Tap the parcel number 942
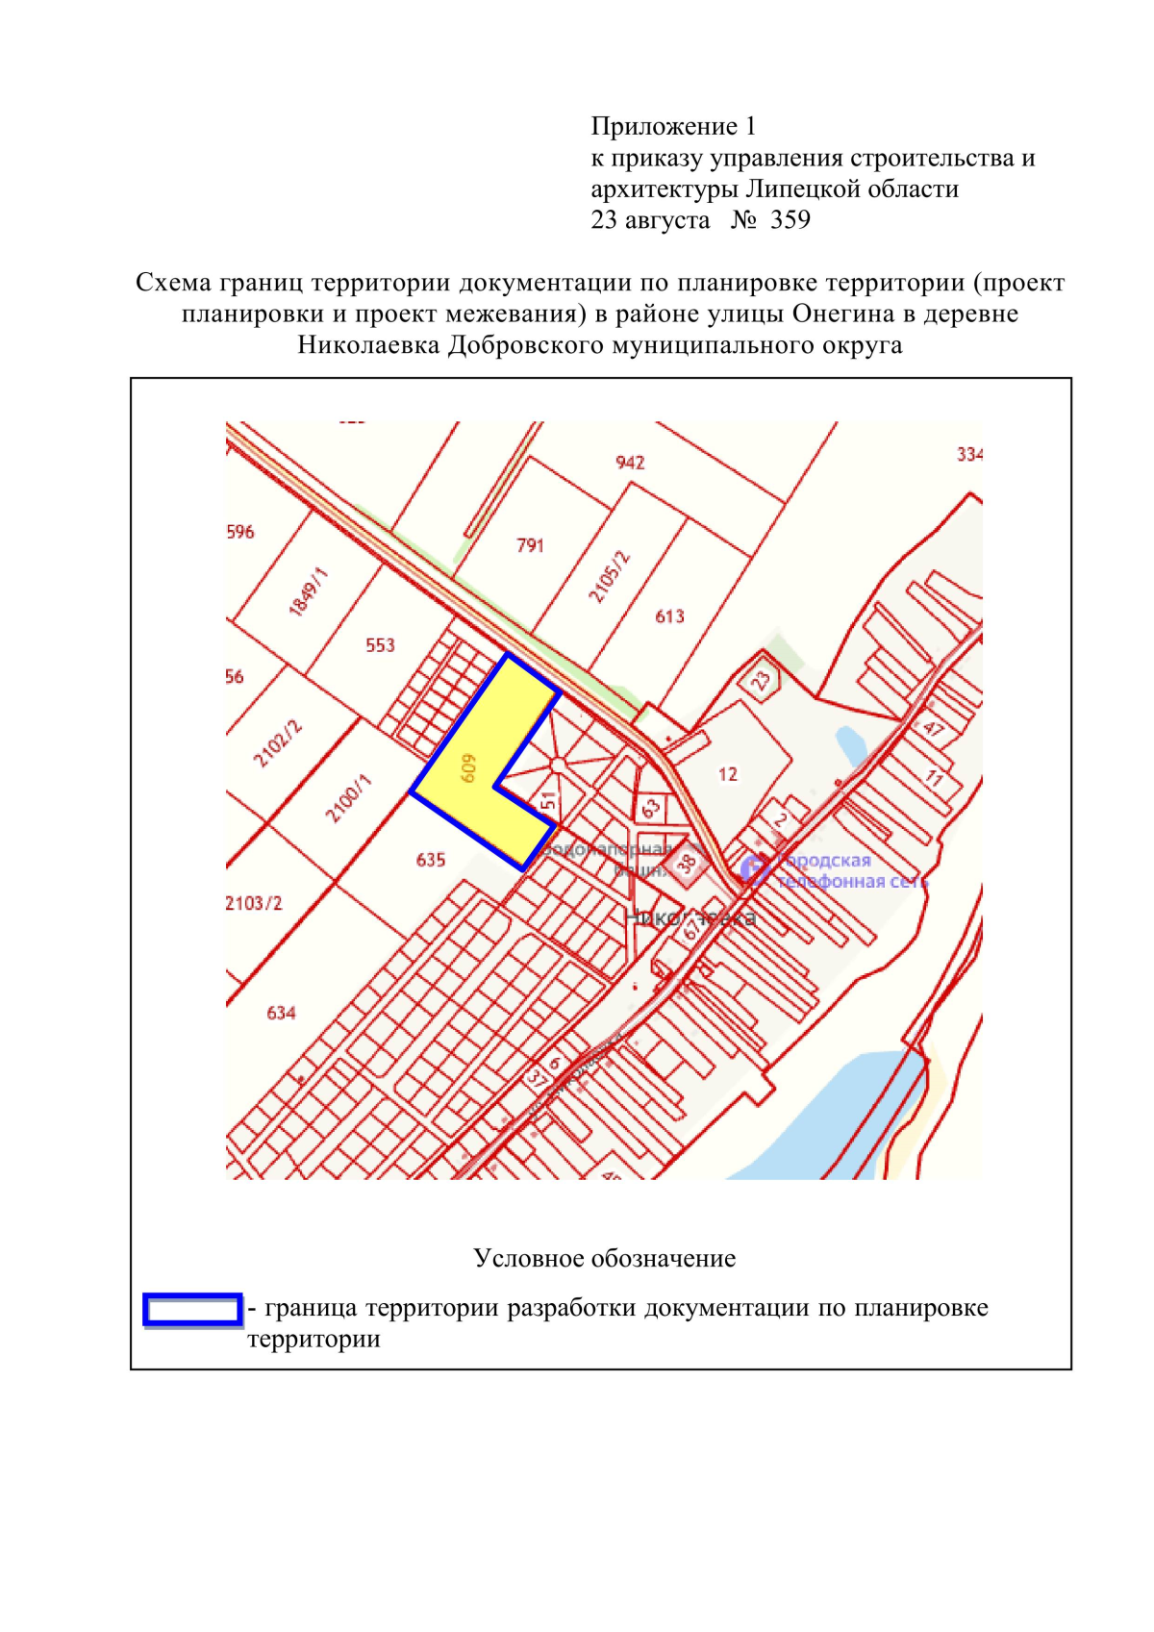pos(630,463)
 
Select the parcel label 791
pos(530,545)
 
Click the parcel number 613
pos(669,616)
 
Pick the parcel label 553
pos(380,645)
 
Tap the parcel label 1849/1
pos(309,591)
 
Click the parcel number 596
pos(240,532)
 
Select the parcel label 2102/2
pos(278,743)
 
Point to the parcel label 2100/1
pos(348,799)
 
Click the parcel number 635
pos(431,860)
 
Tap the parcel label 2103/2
pos(254,903)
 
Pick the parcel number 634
pos(281,1013)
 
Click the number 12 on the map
pos(728,774)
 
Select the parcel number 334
pos(969,454)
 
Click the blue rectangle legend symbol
pos(192,1310)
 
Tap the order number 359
pos(790,220)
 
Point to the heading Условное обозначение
pos(604,1259)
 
